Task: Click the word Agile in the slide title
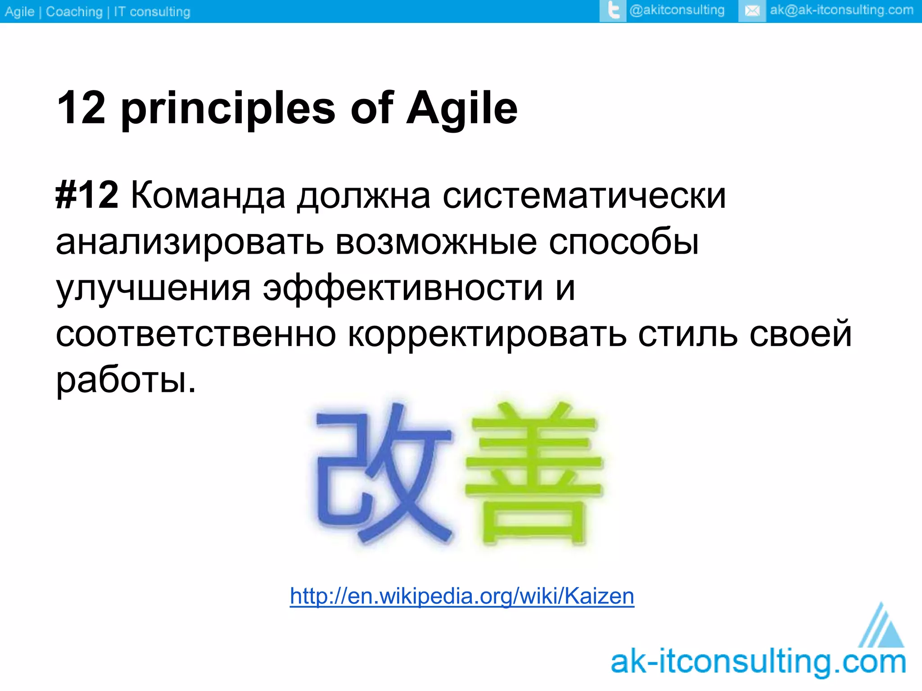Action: click(462, 108)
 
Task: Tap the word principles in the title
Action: click(228, 108)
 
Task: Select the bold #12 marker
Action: click(87, 195)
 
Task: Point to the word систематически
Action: click(584, 195)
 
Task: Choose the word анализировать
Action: click(190, 242)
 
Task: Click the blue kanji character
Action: click(383, 472)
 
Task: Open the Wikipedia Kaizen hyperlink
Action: click(462, 596)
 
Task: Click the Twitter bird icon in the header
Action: click(613, 10)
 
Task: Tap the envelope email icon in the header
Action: click(752, 10)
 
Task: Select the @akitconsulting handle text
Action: click(677, 10)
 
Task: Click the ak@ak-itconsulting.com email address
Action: click(841, 10)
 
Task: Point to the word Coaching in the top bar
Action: click(74, 11)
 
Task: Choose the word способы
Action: click(624, 242)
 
